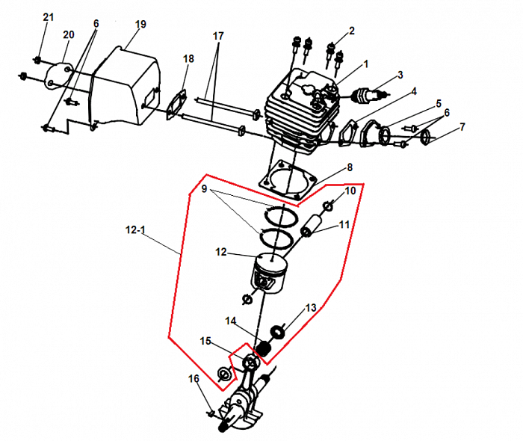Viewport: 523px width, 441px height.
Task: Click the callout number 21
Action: point(49,17)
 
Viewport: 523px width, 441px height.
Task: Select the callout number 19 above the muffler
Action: point(140,25)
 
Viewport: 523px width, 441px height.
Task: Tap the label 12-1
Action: point(135,229)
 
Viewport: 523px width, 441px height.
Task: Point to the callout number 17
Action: point(218,36)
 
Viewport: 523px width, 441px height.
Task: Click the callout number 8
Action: point(350,167)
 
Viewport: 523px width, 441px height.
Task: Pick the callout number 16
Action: point(194,379)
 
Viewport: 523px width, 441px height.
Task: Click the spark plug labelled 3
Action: point(371,96)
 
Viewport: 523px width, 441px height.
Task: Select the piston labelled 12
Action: point(269,274)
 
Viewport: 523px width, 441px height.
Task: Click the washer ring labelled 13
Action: point(277,333)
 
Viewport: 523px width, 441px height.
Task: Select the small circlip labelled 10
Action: point(328,207)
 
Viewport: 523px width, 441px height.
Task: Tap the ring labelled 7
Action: point(427,137)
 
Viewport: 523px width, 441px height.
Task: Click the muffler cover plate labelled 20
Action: point(58,76)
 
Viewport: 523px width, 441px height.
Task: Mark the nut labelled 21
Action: point(37,60)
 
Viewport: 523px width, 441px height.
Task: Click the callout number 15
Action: point(205,341)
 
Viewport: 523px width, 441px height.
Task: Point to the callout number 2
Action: point(352,31)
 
